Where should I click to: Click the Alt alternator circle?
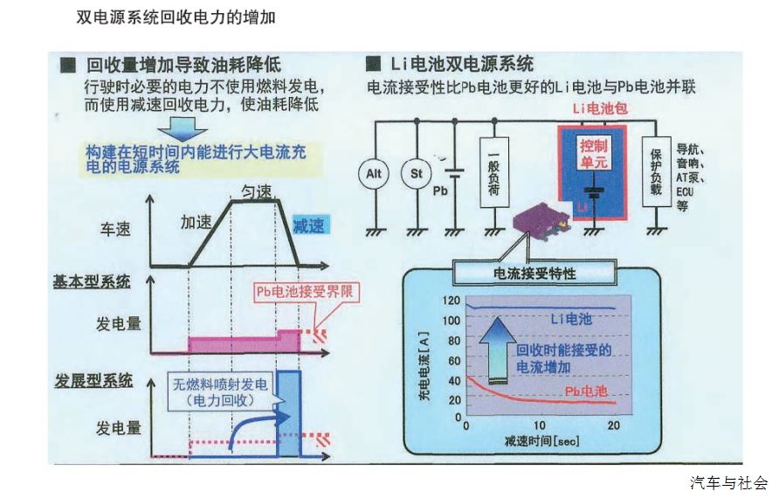point(373,174)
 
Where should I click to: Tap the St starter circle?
point(417,174)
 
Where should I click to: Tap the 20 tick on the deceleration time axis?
point(613,425)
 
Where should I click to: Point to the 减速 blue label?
point(308,225)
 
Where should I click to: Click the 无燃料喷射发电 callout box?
point(222,391)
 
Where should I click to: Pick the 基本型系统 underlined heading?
point(92,281)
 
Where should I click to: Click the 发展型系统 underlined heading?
point(92,380)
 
